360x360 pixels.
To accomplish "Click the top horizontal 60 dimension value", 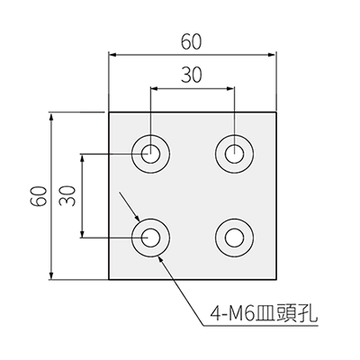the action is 191,42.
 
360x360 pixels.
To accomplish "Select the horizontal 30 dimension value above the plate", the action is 191,75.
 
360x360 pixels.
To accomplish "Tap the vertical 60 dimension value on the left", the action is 39,196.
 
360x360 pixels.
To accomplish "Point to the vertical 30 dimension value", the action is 67,195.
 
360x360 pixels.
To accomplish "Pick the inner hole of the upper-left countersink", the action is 150,154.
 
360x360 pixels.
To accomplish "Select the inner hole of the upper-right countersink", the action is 235,154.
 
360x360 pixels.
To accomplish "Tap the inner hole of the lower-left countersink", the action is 150,238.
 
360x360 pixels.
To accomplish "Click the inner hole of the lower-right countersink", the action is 235,238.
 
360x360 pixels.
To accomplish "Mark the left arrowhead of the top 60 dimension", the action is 112,55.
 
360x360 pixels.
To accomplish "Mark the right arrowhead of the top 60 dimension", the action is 272,55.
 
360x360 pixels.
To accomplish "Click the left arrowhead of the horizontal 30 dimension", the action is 154,88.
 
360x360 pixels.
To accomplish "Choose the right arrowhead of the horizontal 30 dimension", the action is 230,88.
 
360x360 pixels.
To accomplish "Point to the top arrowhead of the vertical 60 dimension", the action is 51,116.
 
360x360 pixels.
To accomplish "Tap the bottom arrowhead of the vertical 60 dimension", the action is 51,275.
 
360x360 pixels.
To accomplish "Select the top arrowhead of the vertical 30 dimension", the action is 82,157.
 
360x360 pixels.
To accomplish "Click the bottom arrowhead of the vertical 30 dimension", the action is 82,234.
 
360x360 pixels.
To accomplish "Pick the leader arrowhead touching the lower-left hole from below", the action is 160,258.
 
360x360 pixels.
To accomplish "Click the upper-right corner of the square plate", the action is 276,112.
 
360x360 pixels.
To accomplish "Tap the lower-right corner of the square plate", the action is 276,280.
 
